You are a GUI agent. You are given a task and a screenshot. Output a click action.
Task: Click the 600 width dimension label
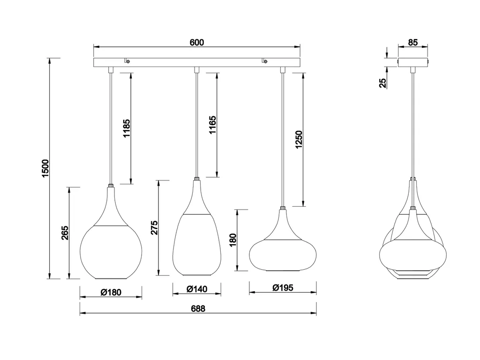point(196,42)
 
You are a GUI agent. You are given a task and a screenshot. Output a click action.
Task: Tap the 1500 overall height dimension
point(45,168)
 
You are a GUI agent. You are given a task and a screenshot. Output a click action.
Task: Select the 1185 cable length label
point(127,128)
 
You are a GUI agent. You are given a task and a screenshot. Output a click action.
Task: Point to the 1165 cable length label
point(212,125)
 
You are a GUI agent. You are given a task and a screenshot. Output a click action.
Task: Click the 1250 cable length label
point(299,140)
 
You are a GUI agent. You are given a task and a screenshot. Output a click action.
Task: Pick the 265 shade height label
point(65,232)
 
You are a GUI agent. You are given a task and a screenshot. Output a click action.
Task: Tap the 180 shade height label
point(233,240)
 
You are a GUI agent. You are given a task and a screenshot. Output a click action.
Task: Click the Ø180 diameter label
point(111,292)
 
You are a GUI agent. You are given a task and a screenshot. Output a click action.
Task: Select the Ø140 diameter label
point(197,289)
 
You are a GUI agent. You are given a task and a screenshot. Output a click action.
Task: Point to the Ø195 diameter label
point(283,288)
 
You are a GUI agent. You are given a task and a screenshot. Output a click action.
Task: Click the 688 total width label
point(198,308)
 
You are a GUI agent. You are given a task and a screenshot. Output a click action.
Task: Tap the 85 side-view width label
point(412,42)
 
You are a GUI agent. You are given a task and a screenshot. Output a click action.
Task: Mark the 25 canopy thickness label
point(382,83)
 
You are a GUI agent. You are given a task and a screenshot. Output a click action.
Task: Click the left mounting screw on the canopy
point(127,61)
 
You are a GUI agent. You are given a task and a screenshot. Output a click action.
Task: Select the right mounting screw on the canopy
point(264,61)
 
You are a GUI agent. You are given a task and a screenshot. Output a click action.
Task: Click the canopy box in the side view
point(412,62)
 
